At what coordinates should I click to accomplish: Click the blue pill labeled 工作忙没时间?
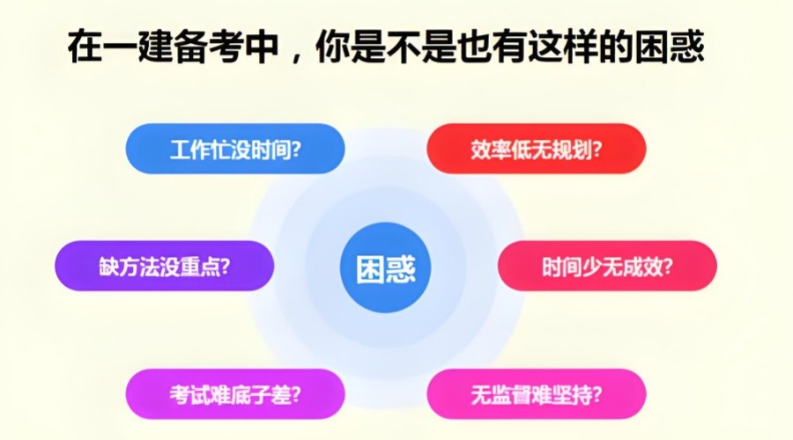(235, 149)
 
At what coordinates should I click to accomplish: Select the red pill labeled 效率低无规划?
(537, 149)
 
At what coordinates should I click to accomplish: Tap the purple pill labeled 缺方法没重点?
(165, 266)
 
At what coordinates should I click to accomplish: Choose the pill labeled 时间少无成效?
(607, 266)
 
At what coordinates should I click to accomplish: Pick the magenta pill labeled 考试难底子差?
(235, 394)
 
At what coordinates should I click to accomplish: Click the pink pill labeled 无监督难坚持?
(537, 394)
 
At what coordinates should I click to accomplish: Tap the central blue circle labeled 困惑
(385, 268)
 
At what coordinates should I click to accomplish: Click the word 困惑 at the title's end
(669, 47)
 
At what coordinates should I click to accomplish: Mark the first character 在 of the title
(85, 47)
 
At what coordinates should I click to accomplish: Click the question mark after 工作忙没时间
(296, 150)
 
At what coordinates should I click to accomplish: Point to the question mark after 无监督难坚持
(597, 394)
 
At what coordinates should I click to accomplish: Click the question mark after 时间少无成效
(668, 267)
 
